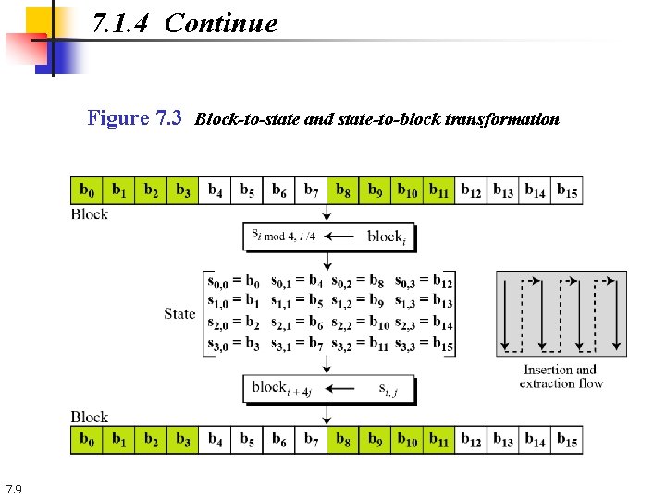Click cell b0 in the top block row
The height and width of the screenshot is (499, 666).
(x=87, y=190)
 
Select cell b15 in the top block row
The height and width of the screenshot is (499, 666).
(x=567, y=190)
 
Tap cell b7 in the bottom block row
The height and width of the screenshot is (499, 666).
(x=311, y=440)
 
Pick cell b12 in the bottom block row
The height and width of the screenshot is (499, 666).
(x=471, y=440)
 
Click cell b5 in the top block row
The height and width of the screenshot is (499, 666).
(x=247, y=190)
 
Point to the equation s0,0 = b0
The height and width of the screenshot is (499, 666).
(x=234, y=282)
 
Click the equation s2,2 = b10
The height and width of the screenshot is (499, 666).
(x=361, y=324)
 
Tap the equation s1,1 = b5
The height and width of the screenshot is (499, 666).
(x=297, y=302)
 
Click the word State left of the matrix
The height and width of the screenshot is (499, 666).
(x=179, y=313)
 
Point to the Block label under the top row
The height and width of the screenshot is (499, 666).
(x=90, y=214)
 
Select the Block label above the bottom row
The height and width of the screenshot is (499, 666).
(x=90, y=417)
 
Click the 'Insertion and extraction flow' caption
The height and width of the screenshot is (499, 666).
(x=561, y=376)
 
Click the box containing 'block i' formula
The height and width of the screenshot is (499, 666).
(x=328, y=236)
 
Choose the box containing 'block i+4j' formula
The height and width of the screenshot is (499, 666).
(x=328, y=389)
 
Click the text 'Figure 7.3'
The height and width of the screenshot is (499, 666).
(x=134, y=118)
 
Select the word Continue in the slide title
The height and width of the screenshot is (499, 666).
(x=221, y=23)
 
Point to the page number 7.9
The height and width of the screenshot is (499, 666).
(x=14, y=489)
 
